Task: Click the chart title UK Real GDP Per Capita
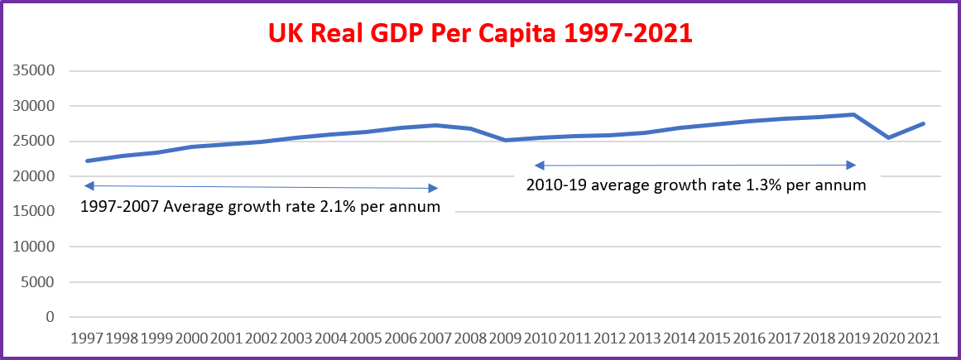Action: pos(479,33)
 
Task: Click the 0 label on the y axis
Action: pos(50,317)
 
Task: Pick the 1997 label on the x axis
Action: pos(87,339)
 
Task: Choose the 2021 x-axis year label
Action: pos(924,339)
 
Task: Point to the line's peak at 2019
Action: pos(853,114)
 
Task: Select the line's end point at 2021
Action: pos(924,123)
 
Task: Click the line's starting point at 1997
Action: pos(87,161)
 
